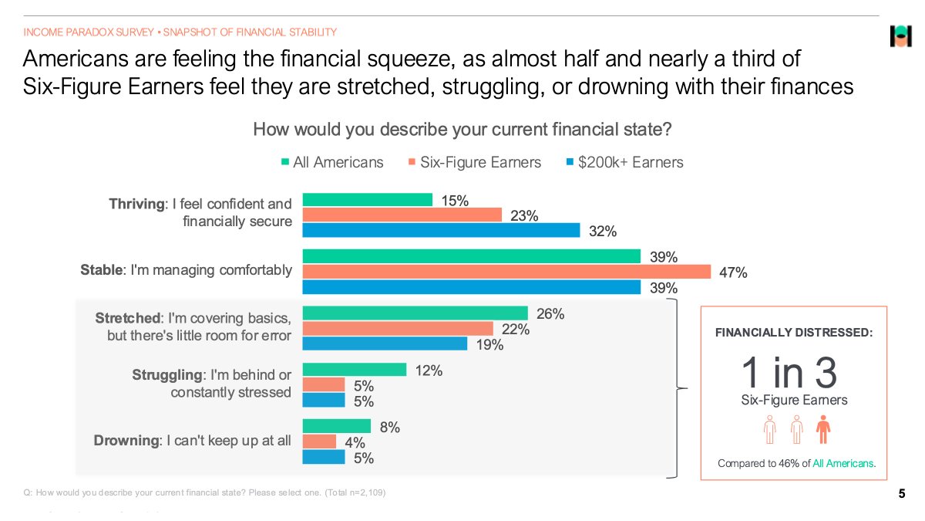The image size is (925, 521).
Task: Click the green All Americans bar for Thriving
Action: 368,200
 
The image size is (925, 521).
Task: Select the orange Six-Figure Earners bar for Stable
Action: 506,272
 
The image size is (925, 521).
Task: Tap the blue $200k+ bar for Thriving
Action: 441,230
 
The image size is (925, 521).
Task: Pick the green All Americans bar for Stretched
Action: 415,313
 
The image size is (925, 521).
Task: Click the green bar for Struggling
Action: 355,370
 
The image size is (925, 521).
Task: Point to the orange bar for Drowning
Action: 320,441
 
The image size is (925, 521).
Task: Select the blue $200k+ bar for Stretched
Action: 385,343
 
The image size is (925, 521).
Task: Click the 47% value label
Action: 732,272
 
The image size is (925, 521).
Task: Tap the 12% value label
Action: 429,370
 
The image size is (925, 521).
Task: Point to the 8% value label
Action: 390,427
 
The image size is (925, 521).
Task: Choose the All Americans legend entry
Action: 332,162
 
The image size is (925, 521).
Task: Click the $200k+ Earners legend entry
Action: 624,162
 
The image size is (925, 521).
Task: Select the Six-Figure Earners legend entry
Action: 475,162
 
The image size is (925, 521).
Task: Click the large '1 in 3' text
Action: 789,373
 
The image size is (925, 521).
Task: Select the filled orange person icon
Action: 822,429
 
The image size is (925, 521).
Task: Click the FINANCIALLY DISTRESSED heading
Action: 794,333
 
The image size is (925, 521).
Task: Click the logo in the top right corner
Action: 900,36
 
